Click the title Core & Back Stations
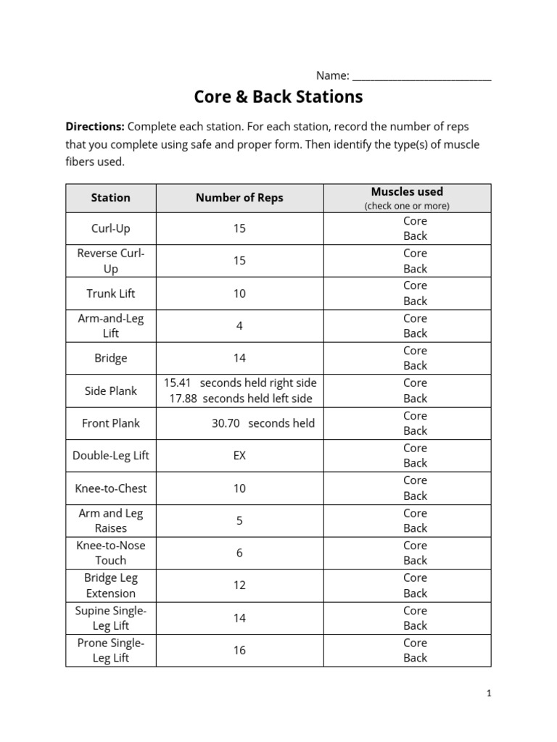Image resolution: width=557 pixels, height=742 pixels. pos(278,96)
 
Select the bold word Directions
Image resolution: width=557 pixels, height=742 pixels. pos(95,126)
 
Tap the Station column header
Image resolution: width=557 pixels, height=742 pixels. pos(111,197)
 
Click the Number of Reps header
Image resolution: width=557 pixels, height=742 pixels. pos(239,197)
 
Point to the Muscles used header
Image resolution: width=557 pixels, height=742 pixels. pos(407,192)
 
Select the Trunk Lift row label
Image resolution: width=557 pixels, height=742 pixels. pos(111,293)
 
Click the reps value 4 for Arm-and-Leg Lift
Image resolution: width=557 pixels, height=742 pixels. pos(239,326)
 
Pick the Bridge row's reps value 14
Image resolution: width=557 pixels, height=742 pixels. pos(239,358)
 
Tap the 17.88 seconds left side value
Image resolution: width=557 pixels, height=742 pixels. pos(183,399)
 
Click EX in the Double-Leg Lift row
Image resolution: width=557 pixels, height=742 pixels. pos(239,456)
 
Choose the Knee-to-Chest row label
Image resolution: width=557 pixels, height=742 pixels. pos(111,488)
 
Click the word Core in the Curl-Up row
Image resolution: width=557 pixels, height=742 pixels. pos(416,221)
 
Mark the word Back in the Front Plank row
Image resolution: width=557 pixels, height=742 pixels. pos(416,430)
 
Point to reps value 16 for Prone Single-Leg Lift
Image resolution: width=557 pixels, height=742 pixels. pos(239,650)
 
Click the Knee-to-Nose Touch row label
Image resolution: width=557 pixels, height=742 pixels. pos(111,553)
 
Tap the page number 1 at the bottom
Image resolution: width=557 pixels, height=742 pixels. pos(489,693)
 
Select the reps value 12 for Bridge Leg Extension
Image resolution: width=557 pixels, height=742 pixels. pos(239,585)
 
